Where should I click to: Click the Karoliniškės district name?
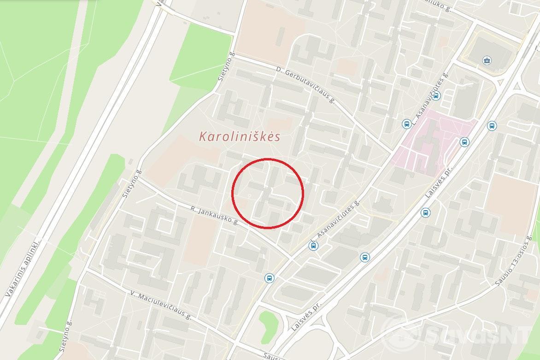coord(240,136)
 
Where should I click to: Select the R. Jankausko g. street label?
coord(214,215)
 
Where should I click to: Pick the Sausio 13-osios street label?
coord(511,260)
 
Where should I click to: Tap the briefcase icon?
coord(487,60)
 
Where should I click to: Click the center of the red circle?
coord(267,194)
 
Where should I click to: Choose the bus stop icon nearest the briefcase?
coord(436,95)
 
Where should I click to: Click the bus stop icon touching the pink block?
coord(464,142)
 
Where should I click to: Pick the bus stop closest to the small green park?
coord(269,278)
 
